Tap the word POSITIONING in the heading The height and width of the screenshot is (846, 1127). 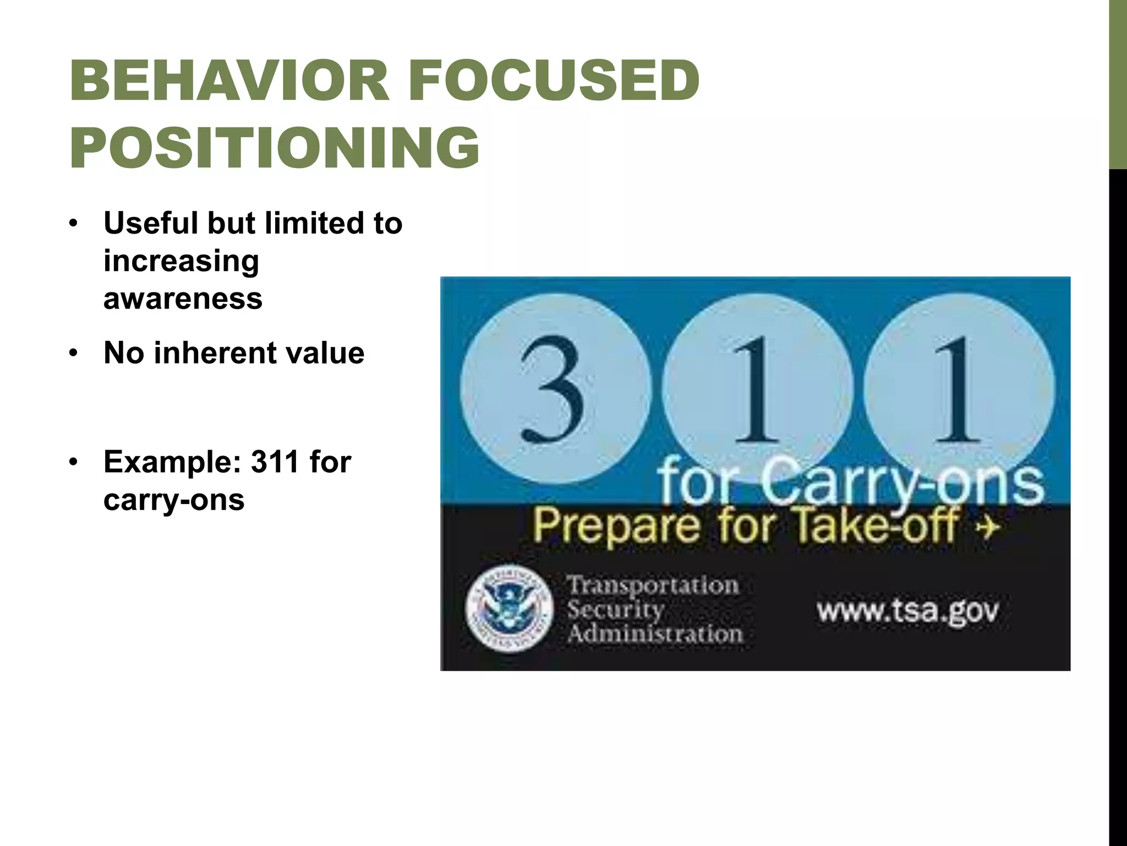point(274,148)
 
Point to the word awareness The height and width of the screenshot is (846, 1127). point(183,299)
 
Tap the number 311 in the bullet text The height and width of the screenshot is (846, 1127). point(275,462)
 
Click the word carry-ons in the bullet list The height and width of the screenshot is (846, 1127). point(174,500)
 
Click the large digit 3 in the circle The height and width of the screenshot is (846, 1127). point(554,388)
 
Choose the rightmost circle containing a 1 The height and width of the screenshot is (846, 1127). point(959,388)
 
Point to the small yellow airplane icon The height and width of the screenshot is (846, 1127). point(988,527)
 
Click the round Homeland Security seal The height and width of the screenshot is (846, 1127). point(508,609)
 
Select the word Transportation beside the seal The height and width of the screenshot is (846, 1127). point(653,585)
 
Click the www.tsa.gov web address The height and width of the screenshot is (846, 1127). point(907,610)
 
